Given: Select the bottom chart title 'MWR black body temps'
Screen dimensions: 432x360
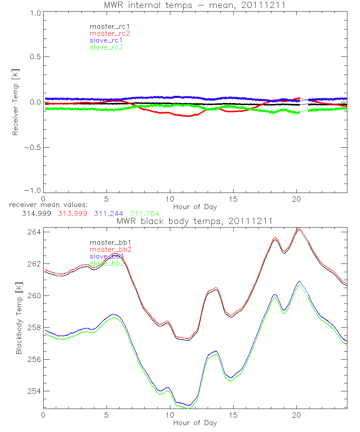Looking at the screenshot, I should tap(195, 221).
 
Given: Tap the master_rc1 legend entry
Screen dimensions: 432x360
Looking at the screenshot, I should tap(106, 26).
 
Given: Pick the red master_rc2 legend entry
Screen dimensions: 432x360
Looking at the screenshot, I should tap(109, 33).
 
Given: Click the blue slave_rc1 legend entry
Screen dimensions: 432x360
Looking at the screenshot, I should tap(106, 40).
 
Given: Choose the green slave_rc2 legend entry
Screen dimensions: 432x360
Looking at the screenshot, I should tap(106, 48).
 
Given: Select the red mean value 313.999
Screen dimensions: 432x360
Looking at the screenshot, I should tap(72, 214).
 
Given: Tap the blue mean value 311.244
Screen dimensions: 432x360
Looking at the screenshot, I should tap(108, 214).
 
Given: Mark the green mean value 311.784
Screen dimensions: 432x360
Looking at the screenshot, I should tap(144, 214).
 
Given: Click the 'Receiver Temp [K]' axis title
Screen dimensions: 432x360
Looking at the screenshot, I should tap(15, 103).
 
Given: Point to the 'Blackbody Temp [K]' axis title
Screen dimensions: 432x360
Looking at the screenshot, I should tap(18, 316).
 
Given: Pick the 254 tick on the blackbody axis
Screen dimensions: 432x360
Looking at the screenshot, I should tap(35, 391).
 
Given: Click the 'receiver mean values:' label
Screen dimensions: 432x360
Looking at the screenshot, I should tap(46, 205).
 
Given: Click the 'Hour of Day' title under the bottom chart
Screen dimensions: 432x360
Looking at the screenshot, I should tap(195, 423).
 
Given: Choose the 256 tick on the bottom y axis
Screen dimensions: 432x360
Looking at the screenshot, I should tap(35, 359).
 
